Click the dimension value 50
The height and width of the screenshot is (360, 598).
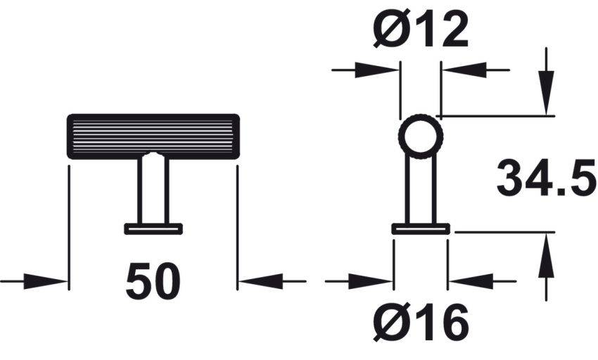pos(153,282)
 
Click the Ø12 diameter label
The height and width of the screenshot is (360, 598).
pos(421,30)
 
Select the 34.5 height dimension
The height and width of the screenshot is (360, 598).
pos(546,179)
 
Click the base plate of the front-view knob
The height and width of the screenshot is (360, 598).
pos(153,228)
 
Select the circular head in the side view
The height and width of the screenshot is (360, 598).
pos(420,134)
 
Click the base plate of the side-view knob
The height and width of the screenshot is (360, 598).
pos(420,228)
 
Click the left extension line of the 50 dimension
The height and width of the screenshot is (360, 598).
pos(69,225)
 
